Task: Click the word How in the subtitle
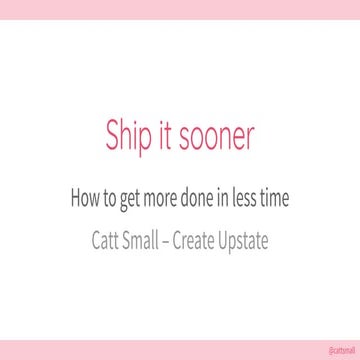[x=84, y=198]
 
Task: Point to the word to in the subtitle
[x=110, y=198]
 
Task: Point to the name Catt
[x=105, y=241]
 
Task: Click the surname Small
[x=143, y=241]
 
